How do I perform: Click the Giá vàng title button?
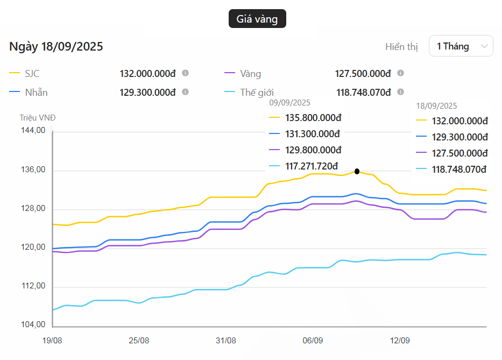(257, 19)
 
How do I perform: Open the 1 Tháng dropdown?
(461, 46)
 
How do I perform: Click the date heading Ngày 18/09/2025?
(56, 47)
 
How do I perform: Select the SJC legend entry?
(32, 74)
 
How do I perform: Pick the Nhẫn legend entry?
(36, 93)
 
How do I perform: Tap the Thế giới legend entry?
(257, 93)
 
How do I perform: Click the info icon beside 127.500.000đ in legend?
(400, 73)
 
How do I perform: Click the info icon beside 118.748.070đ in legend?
(400, 92)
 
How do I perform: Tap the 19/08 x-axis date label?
(52, 341)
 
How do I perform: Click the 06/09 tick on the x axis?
(313, 341)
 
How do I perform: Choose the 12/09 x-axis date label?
(399, 341)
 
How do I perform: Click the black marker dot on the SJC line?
(357, 171)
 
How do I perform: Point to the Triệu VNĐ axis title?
(38, 117)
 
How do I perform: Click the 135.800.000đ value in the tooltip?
(314, 118)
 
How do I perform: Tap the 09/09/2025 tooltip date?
(289, 102)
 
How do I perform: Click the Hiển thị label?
(401, 47)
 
